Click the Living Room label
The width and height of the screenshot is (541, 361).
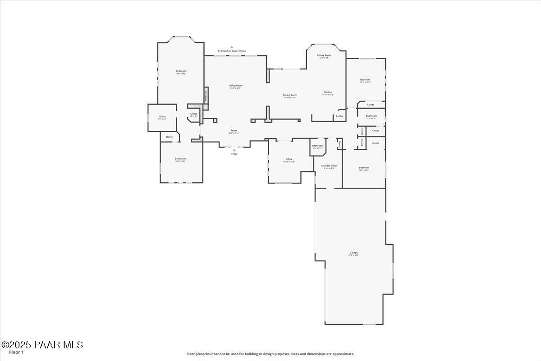coord(236,85)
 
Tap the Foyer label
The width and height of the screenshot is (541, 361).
coord(234,130)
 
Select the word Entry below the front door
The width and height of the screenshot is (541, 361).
coord(234,154)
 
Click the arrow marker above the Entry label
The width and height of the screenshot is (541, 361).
coord(234,150)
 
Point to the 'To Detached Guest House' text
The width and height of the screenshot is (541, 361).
coord(232,51)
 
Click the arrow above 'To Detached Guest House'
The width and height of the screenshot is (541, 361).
coord(232,47)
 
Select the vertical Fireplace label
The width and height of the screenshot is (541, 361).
coord(206,95)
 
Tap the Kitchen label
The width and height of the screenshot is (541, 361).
coord(328,92)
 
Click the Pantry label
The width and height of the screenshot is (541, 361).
coord(339,116)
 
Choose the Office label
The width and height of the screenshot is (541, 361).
coord(289,159)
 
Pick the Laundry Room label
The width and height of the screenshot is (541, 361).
coord(329,166)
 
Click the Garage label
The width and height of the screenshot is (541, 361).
coord(353,252)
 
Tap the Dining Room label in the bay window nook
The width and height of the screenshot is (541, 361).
coord(324,55)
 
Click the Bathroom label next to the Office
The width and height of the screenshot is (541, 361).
coord(317,145)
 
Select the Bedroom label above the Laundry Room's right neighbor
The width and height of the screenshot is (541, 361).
coord(364,167)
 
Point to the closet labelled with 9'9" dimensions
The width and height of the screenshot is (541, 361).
coord(162,116)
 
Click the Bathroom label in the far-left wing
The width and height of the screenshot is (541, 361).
coord(180,158)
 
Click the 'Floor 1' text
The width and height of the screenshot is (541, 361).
coord(16,352)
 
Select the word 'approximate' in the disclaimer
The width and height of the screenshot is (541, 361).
coord(343,354)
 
